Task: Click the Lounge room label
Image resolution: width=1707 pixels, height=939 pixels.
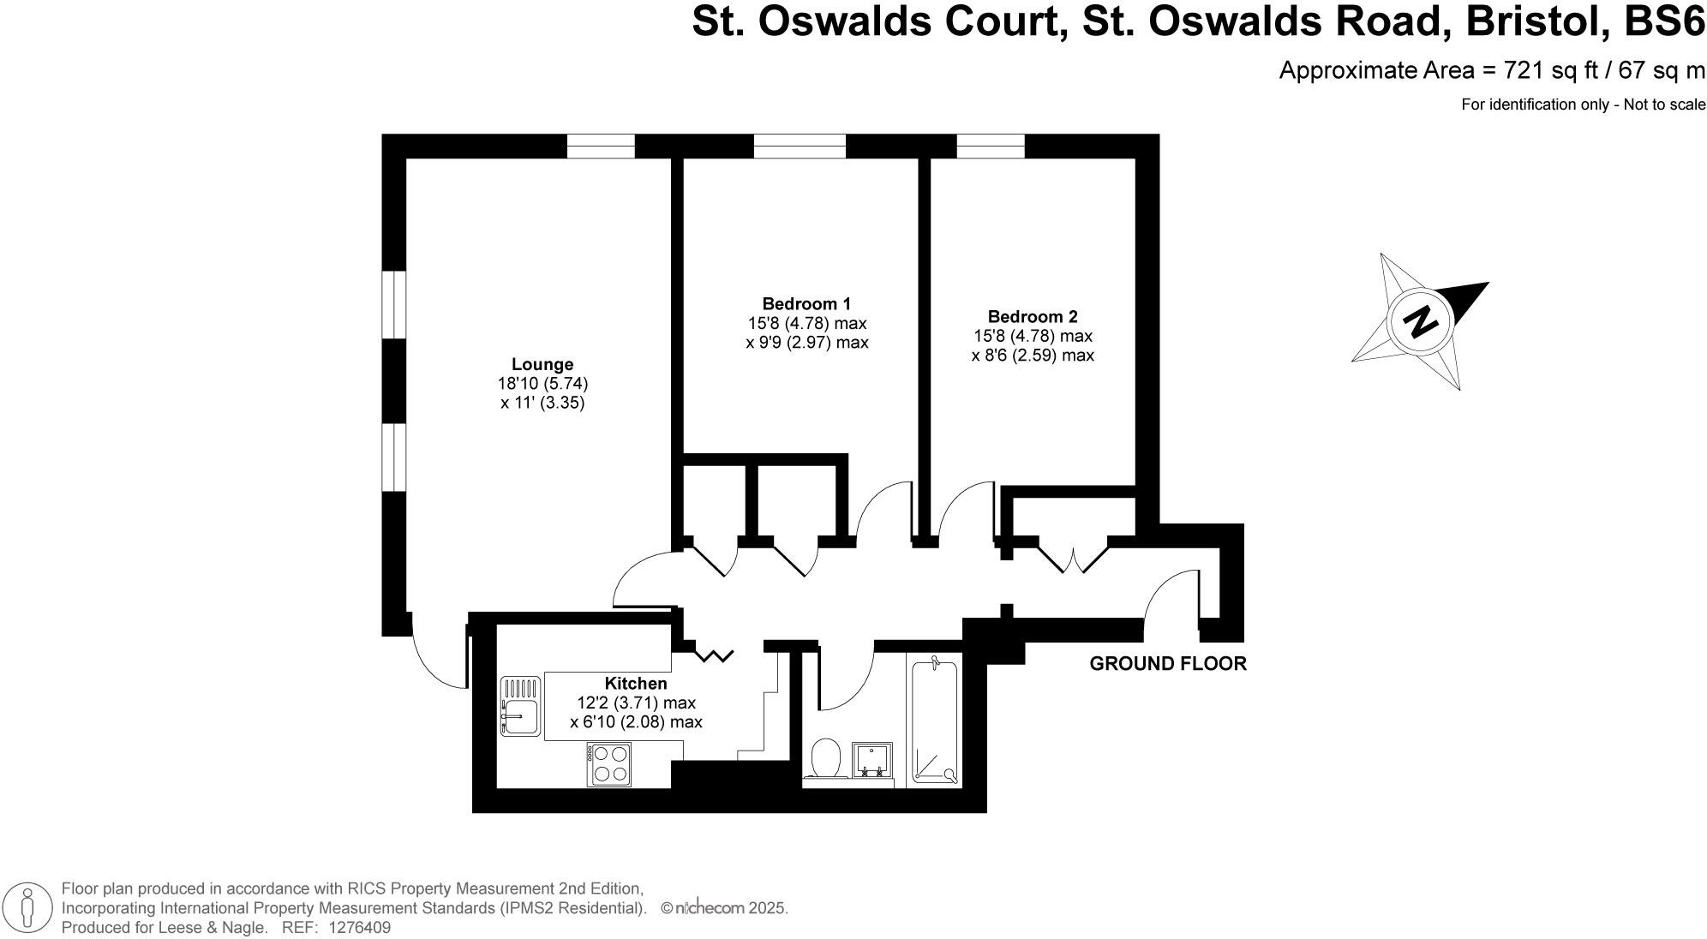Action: coord(542,364)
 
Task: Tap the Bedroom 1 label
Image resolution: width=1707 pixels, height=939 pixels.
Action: coord(806,303)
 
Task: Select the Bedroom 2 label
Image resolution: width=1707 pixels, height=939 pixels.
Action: coord(1033,316)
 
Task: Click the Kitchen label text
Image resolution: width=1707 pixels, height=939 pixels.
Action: coord(636,683)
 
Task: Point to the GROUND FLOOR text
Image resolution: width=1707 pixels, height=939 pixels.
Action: coord(1168,663)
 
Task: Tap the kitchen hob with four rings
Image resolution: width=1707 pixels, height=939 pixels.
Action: coord(609,764)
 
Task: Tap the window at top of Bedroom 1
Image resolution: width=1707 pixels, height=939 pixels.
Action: coord(800,147)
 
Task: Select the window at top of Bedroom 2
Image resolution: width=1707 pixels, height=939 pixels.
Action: coord(991,147)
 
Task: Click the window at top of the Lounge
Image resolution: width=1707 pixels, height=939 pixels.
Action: coord(601,147)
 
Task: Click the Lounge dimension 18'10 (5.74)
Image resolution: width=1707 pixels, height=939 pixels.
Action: coord(542,383)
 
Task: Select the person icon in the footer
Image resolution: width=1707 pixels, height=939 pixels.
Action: coord(28,907)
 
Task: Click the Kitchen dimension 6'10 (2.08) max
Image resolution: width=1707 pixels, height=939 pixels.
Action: coord(636,722)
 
